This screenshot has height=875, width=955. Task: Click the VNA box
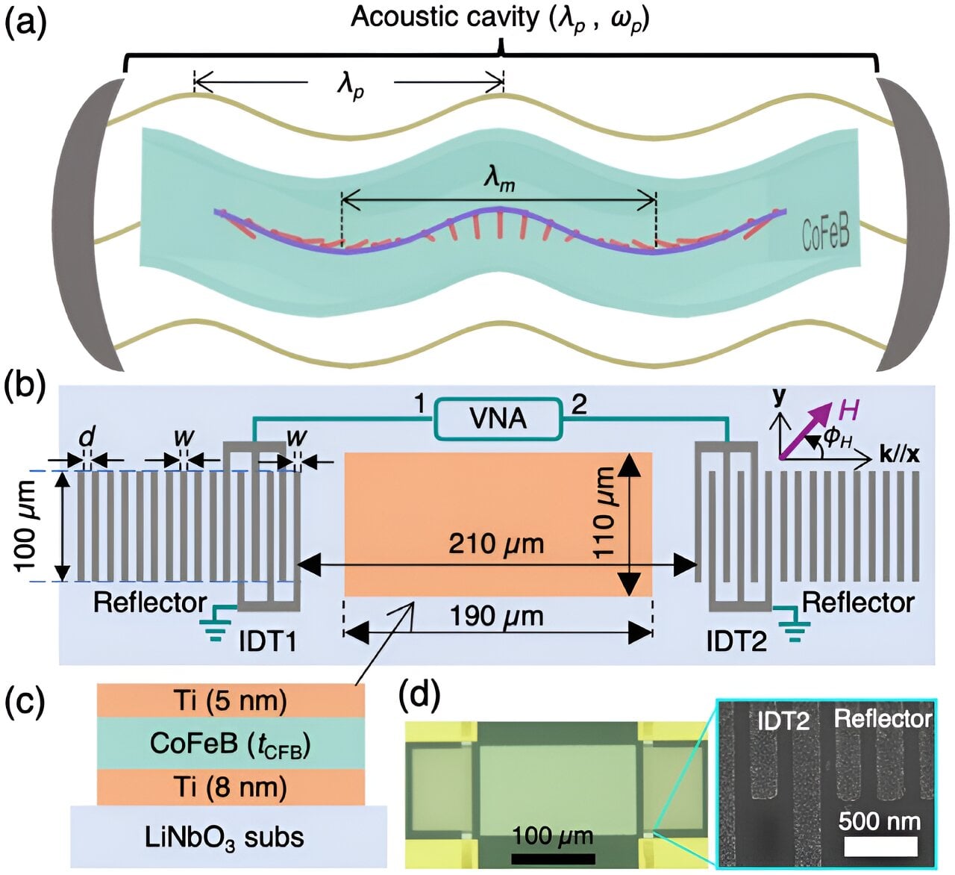[498, 419]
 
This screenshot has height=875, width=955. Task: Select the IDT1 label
[268, 641]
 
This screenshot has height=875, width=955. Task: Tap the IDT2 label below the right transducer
[736, 641]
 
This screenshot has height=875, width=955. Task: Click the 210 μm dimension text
[496, 544]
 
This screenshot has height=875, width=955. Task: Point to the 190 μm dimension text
[496, 617]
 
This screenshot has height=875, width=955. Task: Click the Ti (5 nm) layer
[231, 701]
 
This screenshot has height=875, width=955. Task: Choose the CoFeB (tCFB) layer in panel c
[231, 744]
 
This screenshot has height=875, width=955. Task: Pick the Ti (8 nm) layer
[231, 787]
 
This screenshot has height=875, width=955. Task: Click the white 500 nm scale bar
[880, 846]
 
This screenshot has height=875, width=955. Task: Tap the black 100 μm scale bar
[553, 858]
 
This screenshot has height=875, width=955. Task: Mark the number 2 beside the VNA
[579, 405]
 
